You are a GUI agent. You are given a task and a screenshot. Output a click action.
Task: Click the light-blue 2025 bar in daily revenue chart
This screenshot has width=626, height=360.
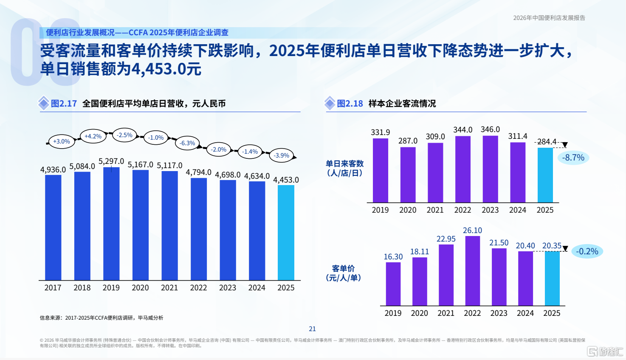(x=286, y=233)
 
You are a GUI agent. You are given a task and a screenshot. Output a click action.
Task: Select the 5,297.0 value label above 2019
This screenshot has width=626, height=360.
(x=111, y=161)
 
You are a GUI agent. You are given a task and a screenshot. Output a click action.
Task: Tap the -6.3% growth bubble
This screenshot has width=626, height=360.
(x=187, y=143)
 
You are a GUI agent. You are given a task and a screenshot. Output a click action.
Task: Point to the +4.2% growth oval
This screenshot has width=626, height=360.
(x=93, y=136)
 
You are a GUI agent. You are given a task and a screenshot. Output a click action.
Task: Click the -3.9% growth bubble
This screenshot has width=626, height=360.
(x=282, y=155)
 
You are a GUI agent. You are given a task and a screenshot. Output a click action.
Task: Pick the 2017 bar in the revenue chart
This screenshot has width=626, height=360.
(x=53, y=228)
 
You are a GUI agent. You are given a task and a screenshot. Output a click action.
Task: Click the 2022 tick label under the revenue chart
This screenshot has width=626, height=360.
(x=198, y=288)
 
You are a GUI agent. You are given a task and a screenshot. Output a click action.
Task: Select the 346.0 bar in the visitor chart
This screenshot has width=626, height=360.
(x=491, y=169)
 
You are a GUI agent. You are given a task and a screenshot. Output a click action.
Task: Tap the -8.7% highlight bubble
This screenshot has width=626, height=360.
(x=573, y=157)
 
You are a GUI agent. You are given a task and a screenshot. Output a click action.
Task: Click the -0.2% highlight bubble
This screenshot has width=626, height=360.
(x=587, y=251)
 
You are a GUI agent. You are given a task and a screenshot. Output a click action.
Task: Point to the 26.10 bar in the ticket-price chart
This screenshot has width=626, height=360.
(x=473, y=271)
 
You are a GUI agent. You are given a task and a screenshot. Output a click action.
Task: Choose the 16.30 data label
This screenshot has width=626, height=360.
(x=393, y=257)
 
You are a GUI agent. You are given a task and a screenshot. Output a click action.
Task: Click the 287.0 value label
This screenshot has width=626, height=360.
(x=408, y=141)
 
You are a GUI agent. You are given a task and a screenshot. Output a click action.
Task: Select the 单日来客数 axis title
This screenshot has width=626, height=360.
(x=344, y=164)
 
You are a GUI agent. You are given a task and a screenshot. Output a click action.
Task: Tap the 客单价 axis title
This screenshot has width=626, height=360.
(x=344, y=269)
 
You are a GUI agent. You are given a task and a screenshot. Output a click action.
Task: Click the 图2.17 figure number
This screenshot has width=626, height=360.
(x=64, y=104)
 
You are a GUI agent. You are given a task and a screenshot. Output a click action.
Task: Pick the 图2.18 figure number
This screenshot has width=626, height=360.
(x=350, y=104)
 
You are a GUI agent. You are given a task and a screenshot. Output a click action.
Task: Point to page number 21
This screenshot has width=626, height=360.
(x=312, y=329)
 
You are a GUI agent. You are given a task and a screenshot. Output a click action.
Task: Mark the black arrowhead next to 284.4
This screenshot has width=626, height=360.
(x=565, y=145)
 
